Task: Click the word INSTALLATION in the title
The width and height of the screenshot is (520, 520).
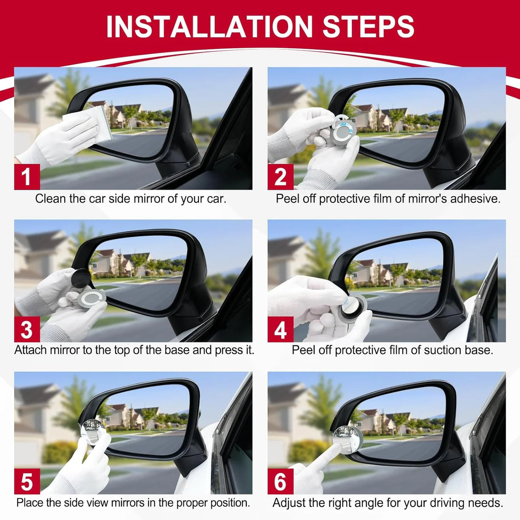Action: click(209, 27)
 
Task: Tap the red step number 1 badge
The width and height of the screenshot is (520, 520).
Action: click(27, 177)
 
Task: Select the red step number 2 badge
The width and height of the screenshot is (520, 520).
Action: click(280, 177)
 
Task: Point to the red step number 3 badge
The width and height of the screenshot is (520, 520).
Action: click(27, 329)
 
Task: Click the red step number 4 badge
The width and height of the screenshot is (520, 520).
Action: click(280, 329)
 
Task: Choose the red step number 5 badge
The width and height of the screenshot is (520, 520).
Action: click(27, 481)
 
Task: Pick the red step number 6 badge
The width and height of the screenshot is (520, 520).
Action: click(280, 481)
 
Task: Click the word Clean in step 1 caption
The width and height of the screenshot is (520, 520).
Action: click(51, 199)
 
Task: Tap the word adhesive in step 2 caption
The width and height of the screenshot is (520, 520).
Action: click(475, 199)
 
